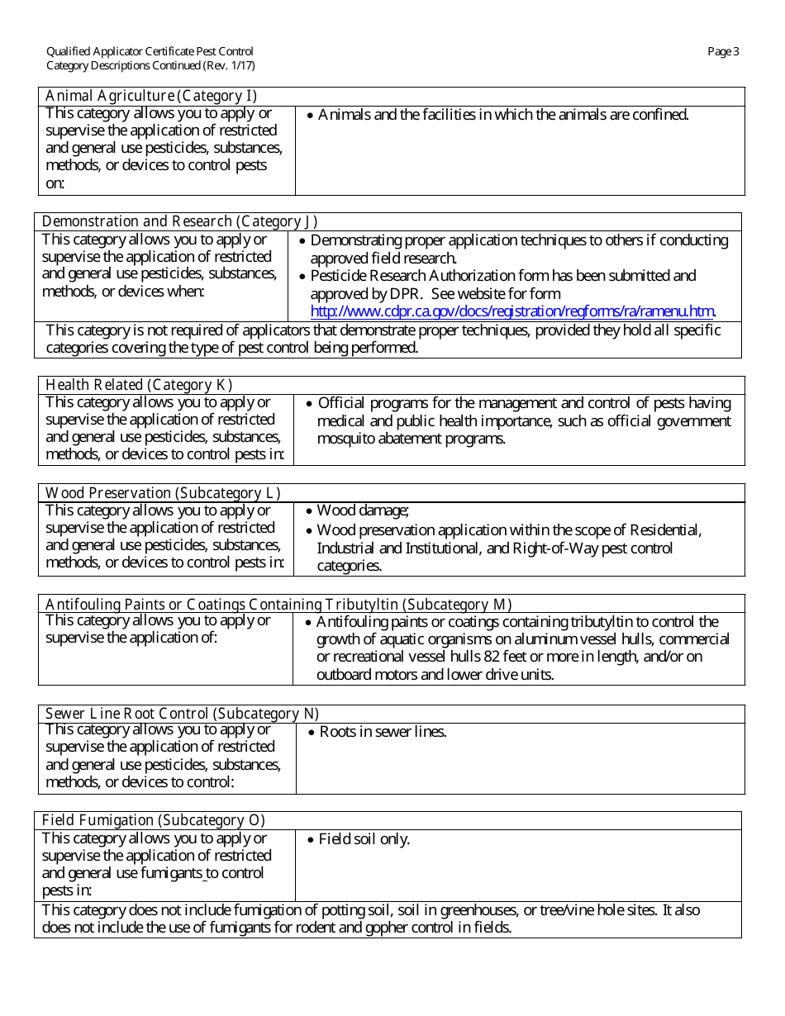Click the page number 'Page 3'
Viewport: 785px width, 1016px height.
pyautogui.click(x=723, y=52)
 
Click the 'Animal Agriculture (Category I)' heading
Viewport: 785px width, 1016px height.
pyautogui.click(x=151, y=96)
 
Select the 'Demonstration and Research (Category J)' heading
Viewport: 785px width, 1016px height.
pyautogui.click(x=179, y=221)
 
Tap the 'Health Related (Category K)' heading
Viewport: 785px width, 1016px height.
pyautogui.click(x=139, y=385)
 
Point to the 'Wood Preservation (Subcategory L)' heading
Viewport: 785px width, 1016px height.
pyautogui.click(x=163, y=493)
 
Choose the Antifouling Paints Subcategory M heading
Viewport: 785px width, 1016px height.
pyautogui.click(x=278, y=605)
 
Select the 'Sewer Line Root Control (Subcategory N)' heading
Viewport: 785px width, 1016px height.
pyautogui.click(x=182, y=714)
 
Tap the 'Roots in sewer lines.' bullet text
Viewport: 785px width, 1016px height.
pyautogui.click(x=383, y=732)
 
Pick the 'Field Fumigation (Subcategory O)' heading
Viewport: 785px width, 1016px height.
pyautogui.click(x=153, y=820)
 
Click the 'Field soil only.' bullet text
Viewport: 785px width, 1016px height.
pyautogui.click(x=364, y=839)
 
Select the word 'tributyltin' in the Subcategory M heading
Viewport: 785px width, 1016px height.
pyautogui.click(x=362, y=605)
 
